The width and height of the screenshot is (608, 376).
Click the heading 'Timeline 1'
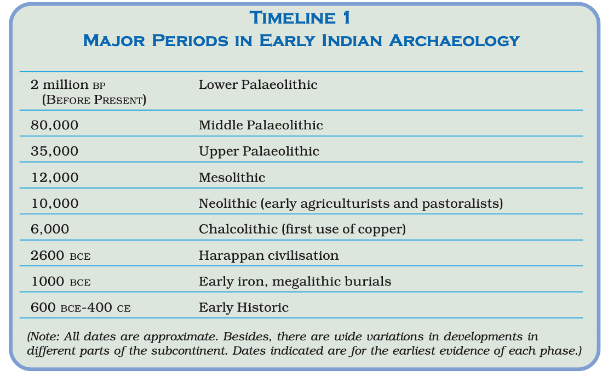click(300, 18)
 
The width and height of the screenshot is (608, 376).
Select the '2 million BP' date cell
click(67, 85)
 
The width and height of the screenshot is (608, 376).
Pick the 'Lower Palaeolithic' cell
click(258, 85)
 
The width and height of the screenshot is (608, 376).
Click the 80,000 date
click(55, 125)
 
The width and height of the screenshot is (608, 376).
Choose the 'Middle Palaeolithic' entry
click(261, 125)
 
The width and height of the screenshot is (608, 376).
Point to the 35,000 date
click(55, 151)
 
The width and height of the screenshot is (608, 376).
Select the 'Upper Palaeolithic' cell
click(259, 151)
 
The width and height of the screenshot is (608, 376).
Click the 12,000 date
click(55, 177)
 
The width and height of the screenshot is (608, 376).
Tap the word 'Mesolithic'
click(232, 177)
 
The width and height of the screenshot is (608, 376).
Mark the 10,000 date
click(55, 203)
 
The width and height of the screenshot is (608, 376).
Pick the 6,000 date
click(50, 229)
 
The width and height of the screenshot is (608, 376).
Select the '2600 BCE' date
click(61, 255)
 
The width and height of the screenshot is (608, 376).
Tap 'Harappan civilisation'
click(268, 255)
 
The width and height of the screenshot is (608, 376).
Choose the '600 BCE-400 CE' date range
click(81, 307)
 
